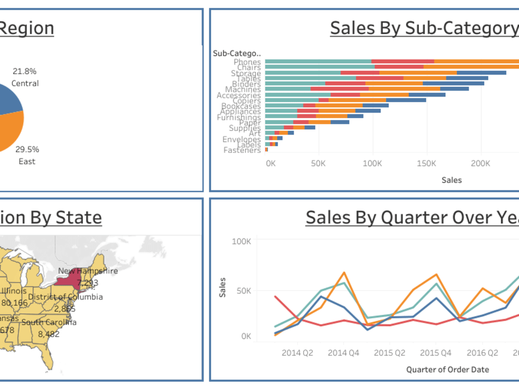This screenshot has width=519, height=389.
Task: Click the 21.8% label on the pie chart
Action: click(25, 71)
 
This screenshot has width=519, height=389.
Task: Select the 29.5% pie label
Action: click(27, 149)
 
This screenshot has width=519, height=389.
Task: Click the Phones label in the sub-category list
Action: click(247, 62)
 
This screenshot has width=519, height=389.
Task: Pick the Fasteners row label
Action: click(242, 150)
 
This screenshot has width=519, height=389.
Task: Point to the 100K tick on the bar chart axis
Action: click(372, 163)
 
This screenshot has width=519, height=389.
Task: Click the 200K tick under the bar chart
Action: click(480, 163)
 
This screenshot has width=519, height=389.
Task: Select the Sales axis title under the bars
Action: click(452, 180)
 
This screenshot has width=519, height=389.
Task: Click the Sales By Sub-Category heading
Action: click(424, 28)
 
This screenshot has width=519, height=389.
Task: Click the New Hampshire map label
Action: click(88, 271)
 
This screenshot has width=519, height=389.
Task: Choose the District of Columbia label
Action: click(65, 297)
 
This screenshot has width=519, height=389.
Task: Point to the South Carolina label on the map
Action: click(49, 322)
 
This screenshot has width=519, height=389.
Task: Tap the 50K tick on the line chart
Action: click(243, 291)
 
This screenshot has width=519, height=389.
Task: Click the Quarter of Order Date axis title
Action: click(447, 369)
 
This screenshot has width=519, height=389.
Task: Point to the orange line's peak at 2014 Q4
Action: click(344, 272)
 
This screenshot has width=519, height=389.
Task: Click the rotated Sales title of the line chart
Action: click(223, 287)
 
